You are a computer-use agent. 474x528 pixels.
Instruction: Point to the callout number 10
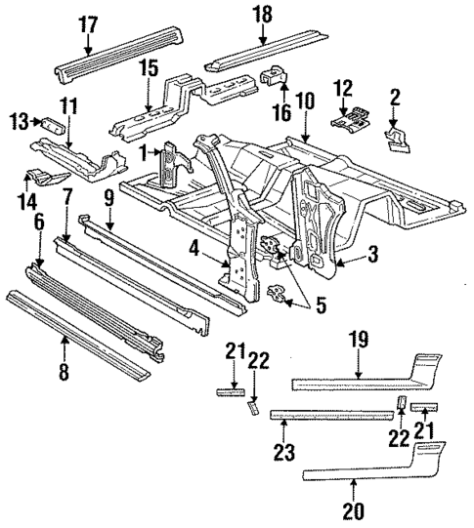pyautogui.click(x=304, y=99)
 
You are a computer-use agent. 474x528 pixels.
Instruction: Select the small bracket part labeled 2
pyautogui.click(x=398, y=138)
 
